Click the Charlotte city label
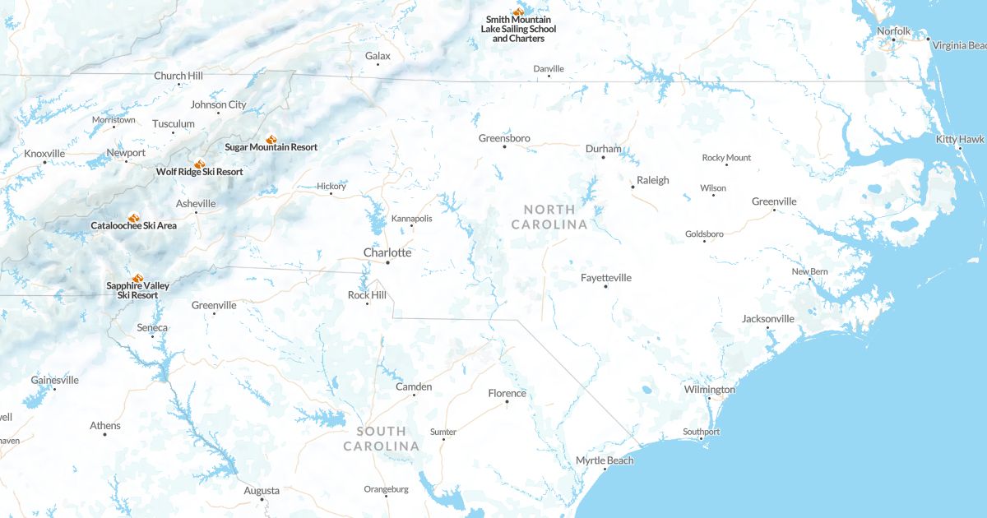387,252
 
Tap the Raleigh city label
653,180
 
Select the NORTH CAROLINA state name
549,217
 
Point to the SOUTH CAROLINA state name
381,438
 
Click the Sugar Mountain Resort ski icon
271,139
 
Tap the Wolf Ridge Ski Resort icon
199,164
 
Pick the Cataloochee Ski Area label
133,225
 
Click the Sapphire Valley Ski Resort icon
137,277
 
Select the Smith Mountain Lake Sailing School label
518,29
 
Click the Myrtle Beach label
605,460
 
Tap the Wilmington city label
709,390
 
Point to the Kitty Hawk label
959,139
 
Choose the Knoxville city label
44,154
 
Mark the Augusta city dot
262,500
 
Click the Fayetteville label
606,278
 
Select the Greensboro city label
504,138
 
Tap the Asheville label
196,204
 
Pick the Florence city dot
507,402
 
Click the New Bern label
809,271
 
